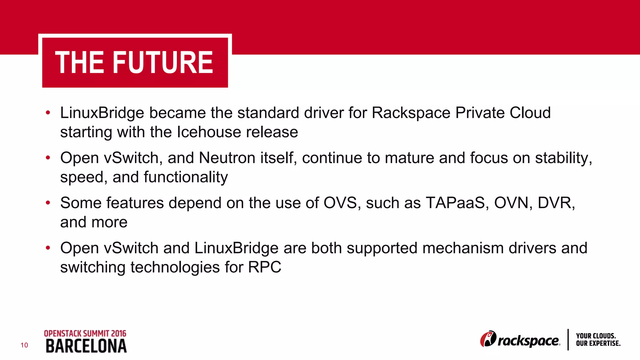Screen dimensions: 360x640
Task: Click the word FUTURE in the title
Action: pos(163,63)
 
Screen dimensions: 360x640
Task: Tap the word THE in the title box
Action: pos(80,63)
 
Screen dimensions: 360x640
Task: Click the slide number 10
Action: pos(24,345)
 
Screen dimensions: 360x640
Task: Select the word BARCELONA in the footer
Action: pos(86,346)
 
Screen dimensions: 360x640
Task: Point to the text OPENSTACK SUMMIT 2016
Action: pos(85,333)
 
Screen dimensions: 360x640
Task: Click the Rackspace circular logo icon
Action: pos(488,339)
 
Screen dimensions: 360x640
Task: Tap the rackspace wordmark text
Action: pos(528,341)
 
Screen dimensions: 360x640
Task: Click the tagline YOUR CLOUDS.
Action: pos(596,336)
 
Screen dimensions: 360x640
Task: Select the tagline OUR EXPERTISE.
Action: pos(598,343)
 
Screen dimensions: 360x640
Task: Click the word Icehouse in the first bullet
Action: pos(209,132)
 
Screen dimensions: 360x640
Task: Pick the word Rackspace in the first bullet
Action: pos(411,113)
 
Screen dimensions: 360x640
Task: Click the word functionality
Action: pos(186,177)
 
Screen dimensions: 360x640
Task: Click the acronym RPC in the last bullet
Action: pos(265,267)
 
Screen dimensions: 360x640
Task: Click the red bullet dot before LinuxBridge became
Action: pos(48,113)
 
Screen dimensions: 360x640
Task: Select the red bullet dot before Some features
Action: pos(48,203)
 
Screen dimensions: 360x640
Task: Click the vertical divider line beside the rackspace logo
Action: pos(568,340)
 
